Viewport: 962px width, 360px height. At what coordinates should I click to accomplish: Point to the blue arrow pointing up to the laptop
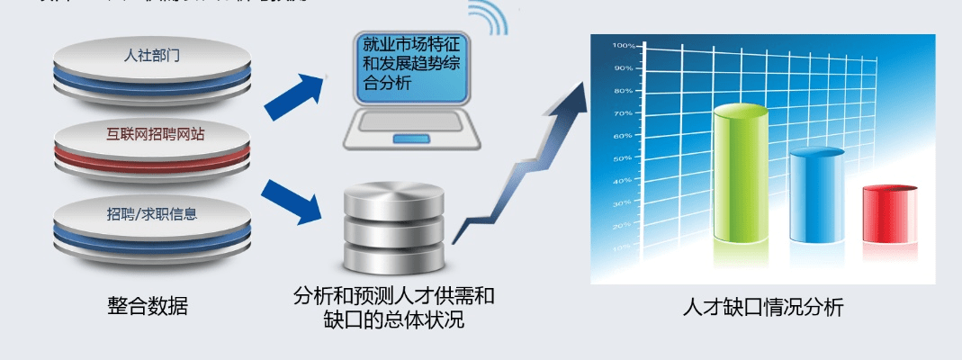(294, 94)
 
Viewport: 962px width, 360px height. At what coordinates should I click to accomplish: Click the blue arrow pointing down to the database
(294, 202)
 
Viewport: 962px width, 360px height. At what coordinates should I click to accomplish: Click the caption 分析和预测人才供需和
(394, 296)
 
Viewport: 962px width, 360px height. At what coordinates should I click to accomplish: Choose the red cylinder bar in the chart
(889, 213)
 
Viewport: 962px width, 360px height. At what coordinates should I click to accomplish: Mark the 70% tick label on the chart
(624, 113)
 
